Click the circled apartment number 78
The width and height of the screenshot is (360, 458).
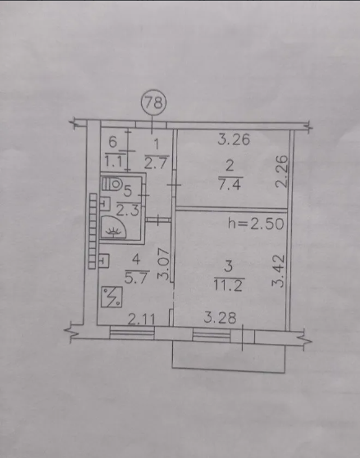(153, 102)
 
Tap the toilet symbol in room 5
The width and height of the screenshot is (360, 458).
(112, 184)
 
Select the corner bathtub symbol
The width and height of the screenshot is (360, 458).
(113, 227)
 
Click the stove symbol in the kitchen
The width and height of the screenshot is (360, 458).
(112, 297)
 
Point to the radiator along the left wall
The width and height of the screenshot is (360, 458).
(93, 231)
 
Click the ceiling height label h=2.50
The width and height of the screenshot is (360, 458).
(256, 224)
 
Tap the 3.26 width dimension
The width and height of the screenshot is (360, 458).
(234, 139)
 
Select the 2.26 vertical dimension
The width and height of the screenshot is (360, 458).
(282, 171)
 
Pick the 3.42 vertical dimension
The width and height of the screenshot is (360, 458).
(278, 270)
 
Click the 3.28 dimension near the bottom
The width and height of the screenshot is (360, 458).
(220, 318)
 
